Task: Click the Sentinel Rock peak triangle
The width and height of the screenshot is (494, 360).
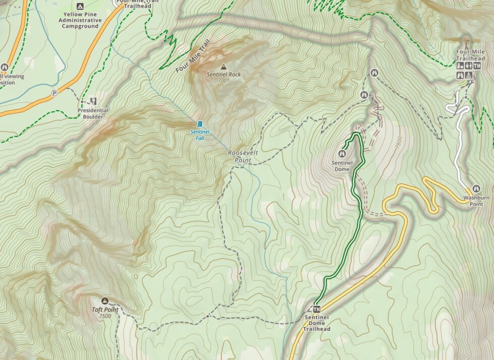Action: pyautogui.click(x=224, y=67)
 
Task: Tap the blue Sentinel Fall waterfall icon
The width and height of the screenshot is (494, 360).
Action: pyautogui.click(x=200, y=124)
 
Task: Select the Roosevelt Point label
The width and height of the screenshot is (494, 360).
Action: pyautogui.click(x=240, y=156)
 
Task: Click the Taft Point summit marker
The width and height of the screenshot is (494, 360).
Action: pyautogui.click(x=105, y=301)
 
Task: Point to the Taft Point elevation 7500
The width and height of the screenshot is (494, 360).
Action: pyautogui.click(x=105, y=316)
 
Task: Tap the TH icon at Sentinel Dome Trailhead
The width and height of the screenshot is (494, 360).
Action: pyautogui.click(x=317, y=309)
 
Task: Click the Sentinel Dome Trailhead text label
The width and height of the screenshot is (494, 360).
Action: pyautogui.click(x=317, y=323)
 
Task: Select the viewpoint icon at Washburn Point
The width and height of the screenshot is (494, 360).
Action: pyautogui.click(x=476, y=189)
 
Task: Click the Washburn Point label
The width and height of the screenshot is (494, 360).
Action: pyautogui.click(x=476, y=201)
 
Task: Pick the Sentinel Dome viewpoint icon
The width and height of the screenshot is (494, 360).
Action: pyautogui.click(x=344, y=154)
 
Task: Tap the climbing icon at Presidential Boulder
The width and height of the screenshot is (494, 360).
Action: pyautogui.click(x=93, y=101)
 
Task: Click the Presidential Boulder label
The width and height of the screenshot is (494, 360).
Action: pyautogui.click(x=93, y=113)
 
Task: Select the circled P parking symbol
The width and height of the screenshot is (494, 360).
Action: pyautogui.click(x=54, y=93)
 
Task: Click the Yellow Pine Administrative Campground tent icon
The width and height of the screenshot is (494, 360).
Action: pyautogui.click(x=80, y=6)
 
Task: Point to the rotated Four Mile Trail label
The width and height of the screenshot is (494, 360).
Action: pyautogui.click(x=192, y=56)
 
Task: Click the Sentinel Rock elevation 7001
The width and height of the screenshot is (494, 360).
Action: pyautogui.click(x=224, y=80)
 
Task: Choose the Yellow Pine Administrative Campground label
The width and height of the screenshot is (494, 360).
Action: pyautogui.click(x=80, y=20)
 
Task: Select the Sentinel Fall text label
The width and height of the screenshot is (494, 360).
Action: pyautogui.click(x=198, y=135)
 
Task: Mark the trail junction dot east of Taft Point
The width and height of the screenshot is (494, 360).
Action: pyautogui.click(x=208, y=316)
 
